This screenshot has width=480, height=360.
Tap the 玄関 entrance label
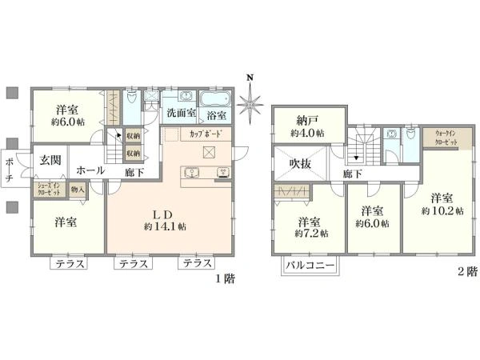50,160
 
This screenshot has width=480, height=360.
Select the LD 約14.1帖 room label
170,220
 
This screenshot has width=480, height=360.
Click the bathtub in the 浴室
213,100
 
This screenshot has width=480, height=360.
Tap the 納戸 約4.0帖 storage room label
308,126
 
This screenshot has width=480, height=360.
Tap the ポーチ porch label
8,170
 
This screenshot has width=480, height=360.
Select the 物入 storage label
78,190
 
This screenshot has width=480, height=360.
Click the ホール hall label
89,170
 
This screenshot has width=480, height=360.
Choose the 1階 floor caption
223,279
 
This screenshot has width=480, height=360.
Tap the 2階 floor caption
467,272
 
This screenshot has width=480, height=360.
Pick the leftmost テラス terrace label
71,264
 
